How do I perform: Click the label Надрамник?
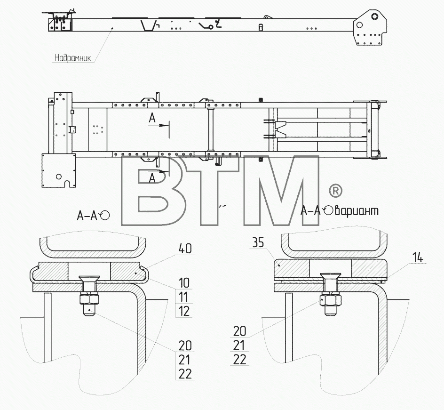tap(73, 58)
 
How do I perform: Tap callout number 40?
tap(185, 249)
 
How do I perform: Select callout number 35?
tap(258, 242)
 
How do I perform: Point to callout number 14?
tap(418, 258)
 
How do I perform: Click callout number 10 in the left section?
tap(184, 283)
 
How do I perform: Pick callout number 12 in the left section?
tap(184, 311)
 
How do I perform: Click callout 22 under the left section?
tap(185, 374)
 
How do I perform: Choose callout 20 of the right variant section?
tap(239, 331)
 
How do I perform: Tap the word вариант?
tap(357, 211)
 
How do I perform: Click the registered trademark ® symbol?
tap(335, 191)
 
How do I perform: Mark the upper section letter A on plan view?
tap(152, 118)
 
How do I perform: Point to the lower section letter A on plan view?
tap(152, 178)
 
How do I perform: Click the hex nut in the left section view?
tap(89, 298)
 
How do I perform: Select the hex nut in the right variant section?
tap(331, 300)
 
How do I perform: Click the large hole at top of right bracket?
tap(374, 16)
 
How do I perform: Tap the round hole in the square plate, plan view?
tap(59, 177)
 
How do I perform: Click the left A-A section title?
tap(93, 216)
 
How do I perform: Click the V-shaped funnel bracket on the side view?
tap(148, 25)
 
